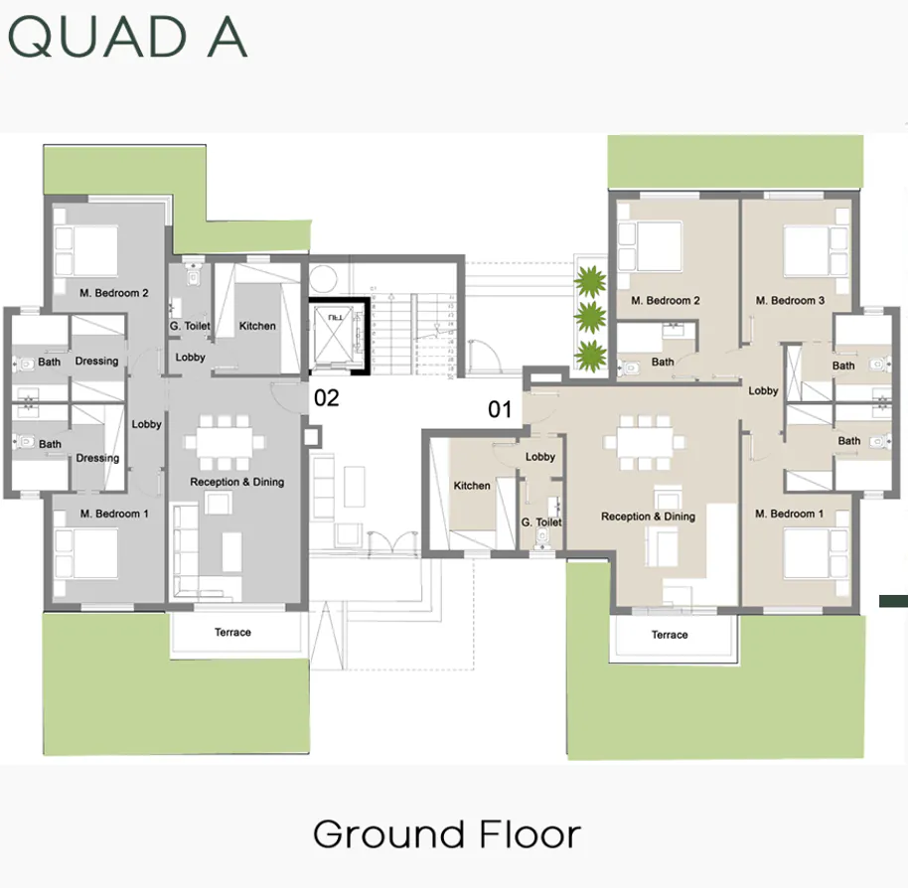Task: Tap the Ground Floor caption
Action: pos(447,833)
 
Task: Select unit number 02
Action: pos(327,398)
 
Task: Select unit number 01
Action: pos(499,408)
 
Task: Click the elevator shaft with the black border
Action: pos(338,337)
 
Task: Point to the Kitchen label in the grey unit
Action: pos(257,326)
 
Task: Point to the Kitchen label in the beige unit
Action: pos(472,486)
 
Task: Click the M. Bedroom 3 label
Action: pos(790,300)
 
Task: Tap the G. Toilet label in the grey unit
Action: pos(189,326)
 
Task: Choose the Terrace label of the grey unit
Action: pos(232,632)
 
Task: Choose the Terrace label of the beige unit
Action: pos(670,634)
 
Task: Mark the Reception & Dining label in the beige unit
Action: pos(648,517)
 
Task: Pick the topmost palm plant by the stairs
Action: pos(590,280)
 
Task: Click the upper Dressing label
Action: pos(97,361)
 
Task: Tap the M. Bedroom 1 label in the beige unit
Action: pos(790,514)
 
